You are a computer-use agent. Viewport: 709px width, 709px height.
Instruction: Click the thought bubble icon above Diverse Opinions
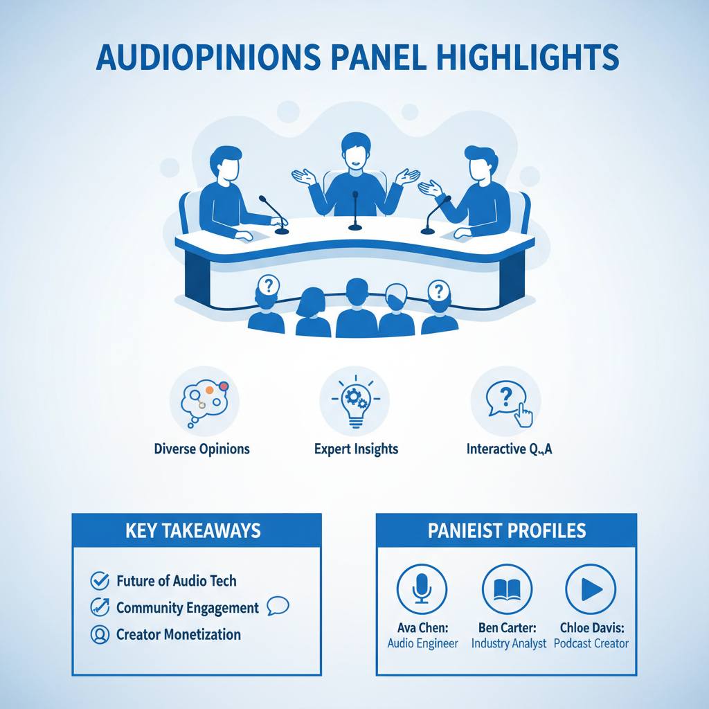pos(204,401)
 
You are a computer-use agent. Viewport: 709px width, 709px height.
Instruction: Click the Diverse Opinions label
pos(201,449)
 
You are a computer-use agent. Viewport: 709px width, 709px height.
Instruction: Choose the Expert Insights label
pos(356,449)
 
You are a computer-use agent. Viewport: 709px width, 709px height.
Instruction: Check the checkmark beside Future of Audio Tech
pos(101,580)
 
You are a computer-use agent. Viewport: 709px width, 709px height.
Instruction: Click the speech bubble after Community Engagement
pos(277,607)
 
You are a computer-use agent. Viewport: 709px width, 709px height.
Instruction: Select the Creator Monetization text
pos(179,634)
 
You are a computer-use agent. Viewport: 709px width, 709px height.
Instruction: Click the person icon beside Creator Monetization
pos(101,634)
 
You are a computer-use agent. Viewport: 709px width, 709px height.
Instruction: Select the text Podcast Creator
pos(593,643)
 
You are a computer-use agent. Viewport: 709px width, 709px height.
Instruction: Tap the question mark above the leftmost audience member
pos(268,284)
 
